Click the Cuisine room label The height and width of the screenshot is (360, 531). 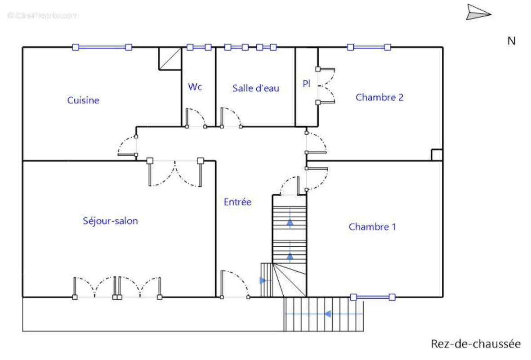tap(83, 100)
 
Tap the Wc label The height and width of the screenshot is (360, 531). tap(195, 87)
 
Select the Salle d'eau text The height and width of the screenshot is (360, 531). tap(256, 88)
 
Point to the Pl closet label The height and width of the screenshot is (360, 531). tap(307, 83)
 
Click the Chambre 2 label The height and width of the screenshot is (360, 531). tap(379, 97)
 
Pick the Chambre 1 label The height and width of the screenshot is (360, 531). tap(372, 226)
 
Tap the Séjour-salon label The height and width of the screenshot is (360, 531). tap(111, 221)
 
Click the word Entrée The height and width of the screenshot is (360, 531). tap(237, 202)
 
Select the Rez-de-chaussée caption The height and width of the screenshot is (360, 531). tap(476, 344)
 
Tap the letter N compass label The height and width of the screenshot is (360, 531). tap(511, 41)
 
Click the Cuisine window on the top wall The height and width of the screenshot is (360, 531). tap(102, 47)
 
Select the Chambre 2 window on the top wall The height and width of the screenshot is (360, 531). tap(369, 47)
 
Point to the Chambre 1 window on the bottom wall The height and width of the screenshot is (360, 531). tap(373, 297)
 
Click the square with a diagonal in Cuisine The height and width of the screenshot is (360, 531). tap(170, 58)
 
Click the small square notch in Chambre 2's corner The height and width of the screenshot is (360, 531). tap(437, 155)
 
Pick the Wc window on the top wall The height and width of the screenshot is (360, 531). tap(199, 47)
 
